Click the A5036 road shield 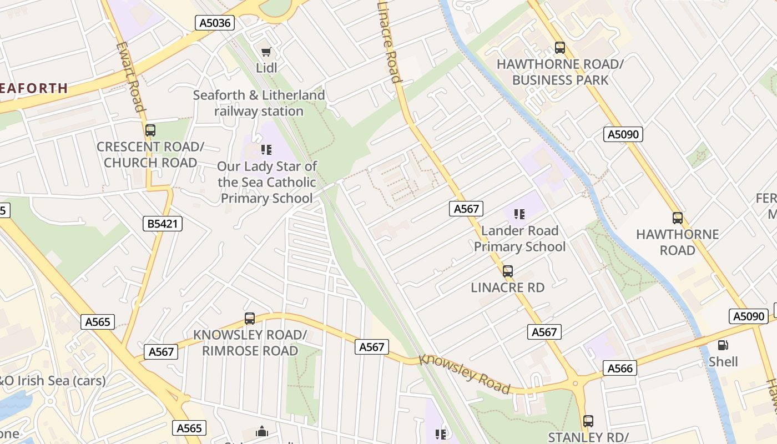pyautogui.click(x=215, y=23)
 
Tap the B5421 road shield pyautogui.click(x=162, y=224)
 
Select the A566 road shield pyautogui.click(x=620, y=368)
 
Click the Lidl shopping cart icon pyautogui.click(x=266, y=52)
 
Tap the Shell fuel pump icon pyautogui.click(x=723, y=345)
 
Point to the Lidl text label pyautogui.click(x=266, y=68)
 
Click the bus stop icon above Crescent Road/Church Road pyautogui.click(x=150, y=130)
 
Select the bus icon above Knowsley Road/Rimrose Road pyautogui.click(x=250, y=319)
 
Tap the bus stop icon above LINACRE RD pyautogui.click(x=507, y=271)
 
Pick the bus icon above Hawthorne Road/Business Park pyautogui.click(x=559, y=48)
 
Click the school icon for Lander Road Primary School pyautogui.click(x=519, y=214)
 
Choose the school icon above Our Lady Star pyautogui.click(x=266, y=149)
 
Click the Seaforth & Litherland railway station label pyautogui.click(x=259, y=103)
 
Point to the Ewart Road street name pyautogui.click(x=131, y=77)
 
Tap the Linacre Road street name pyautogui.click(x=389, y=42)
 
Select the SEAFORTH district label pyautogui.click(x=33, y=88)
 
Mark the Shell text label pyautogui.click(x=723, y=362)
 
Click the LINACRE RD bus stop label pyautogui.click(x=507, y=287)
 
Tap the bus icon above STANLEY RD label pyautogui.click(x=588, y=421)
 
